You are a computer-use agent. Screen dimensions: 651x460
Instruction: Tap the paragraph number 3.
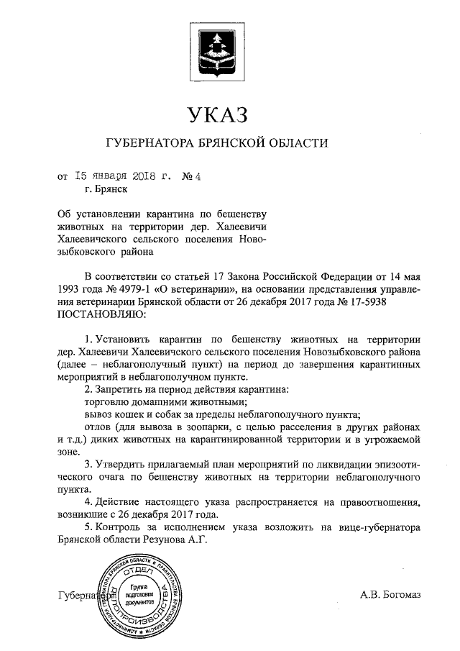coord(88,464)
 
